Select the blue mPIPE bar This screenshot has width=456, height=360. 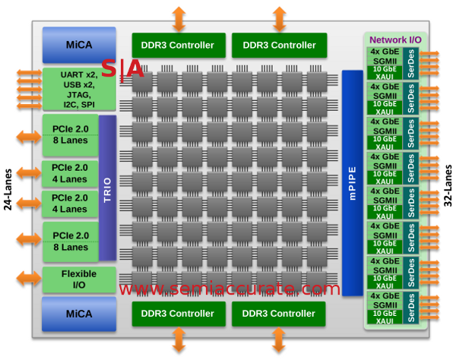tap(352, 182)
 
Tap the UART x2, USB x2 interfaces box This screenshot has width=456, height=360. tap(79, 89)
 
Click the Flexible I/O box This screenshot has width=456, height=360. tap(79, 279)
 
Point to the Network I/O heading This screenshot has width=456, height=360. tap(394, 39)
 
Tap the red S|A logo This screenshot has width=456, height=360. tap(122, 71)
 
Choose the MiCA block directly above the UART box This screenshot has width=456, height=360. tap(79, 45)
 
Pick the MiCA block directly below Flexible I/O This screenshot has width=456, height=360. tap(79, 314)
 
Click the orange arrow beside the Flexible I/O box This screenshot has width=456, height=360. tap(27, 279)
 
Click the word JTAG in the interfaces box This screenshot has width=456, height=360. tap(80, 94)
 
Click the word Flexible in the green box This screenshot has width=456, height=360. tap(80, 273)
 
